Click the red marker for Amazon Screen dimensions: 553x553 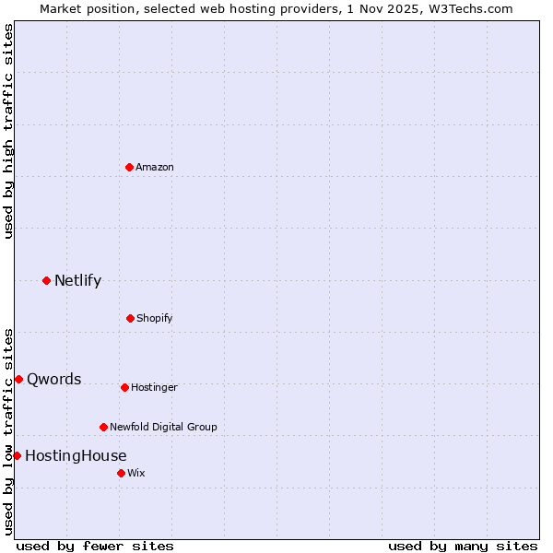click(x=129, y=167)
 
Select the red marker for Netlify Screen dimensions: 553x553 click(x=46, y=280)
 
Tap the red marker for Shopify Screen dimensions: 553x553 click(x=130, y=318)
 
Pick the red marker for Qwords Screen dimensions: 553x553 click(x=18, y=379)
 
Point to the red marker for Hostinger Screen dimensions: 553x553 click(x=124, y=387)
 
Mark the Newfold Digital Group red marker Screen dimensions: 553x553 click(x=103, y=427)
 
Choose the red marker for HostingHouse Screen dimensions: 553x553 click(x=17, y=455)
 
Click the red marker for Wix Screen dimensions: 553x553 click(x=121, y=473)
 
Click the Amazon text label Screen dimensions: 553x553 click(x=155, y=167)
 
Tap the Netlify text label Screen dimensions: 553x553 click(x=77, y=280)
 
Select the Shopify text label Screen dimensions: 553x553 click(x=155, y=318)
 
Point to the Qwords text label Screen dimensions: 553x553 click(x=54, y=379)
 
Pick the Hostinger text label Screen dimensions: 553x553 click(x=154, y=387)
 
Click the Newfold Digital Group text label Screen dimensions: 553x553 click(x=163, y=427)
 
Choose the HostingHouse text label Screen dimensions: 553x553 click(x=76, y=455)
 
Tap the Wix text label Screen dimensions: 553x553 click(x=136, y=473)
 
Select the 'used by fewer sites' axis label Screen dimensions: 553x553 click(x=95, y=546)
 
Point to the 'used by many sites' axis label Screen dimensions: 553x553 click(x=463, y=546)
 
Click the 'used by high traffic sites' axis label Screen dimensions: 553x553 click(x=8, y=131)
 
